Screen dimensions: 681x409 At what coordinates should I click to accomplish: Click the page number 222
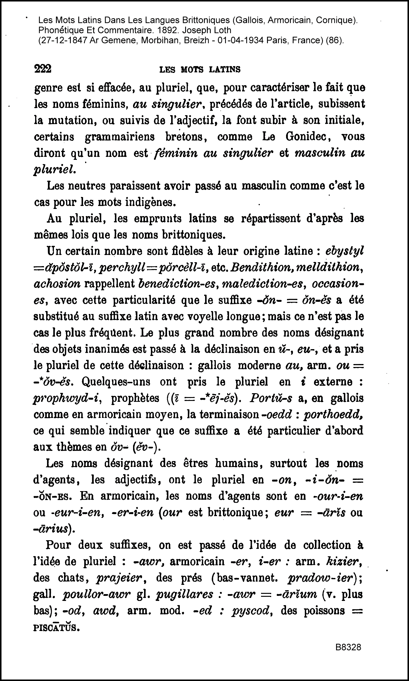point(43,69)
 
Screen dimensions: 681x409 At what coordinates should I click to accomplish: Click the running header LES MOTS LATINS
point(200,70)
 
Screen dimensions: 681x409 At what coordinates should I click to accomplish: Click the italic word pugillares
point(184,594)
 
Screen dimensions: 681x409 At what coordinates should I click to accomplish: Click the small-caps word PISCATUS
point(57,627)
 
